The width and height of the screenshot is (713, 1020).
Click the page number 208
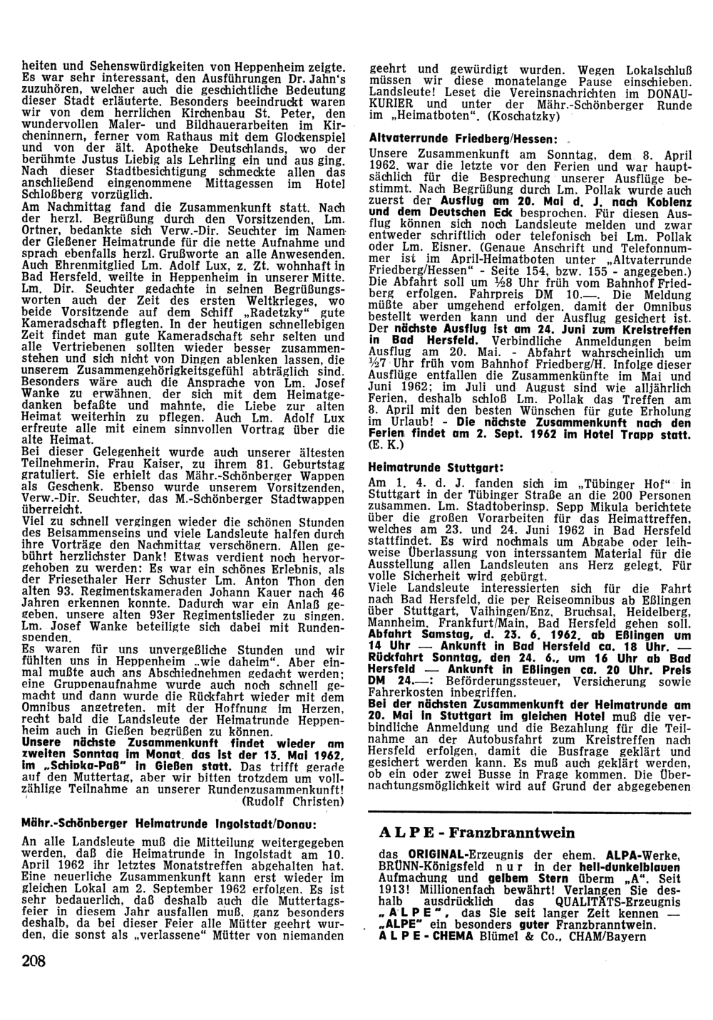pyautogui.click(x=34, y=961)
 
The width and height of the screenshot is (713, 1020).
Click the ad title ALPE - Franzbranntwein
pyautogui.click(x=477, y=833)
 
